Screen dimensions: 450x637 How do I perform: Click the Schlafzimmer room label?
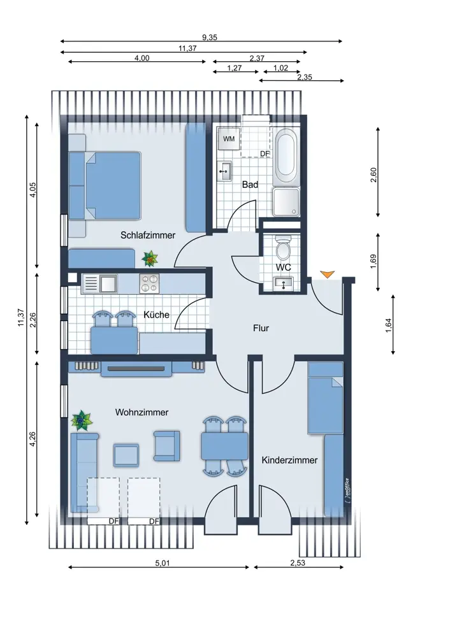point(148,235)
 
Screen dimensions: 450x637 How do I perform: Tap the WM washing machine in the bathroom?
point(229,139)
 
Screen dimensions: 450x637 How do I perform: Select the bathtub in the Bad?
point(287,157)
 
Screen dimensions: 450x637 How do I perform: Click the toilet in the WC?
point(283,248)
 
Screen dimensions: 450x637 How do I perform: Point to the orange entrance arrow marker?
point(327,274)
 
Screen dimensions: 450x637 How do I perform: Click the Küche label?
point(157,315)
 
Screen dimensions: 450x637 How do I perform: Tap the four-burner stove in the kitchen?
point(149,283)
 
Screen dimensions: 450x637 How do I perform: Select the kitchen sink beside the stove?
point(108,283)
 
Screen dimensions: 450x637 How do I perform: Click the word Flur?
point(261,328)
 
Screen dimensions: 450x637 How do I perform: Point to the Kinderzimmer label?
point(289,461)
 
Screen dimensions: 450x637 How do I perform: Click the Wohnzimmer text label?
point(142,412)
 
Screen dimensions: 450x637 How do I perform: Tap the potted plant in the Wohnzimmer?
point(82,420)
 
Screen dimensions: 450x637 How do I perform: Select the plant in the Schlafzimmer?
point(150,259)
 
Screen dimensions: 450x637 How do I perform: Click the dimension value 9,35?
point(210,38)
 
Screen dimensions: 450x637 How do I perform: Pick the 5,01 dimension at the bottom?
point(162,563)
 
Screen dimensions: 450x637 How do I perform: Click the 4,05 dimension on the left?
point(33,189)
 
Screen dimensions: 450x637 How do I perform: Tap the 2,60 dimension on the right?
point(374,175)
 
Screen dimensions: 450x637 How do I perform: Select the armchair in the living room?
point(166,446)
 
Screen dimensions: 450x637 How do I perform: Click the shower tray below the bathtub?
point(286,202)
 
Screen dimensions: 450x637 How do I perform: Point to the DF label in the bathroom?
point(265,154)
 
